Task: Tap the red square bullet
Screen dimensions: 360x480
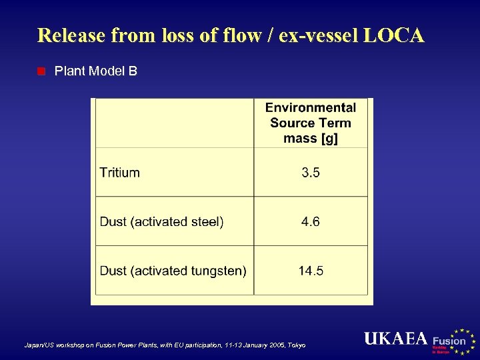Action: coord(41,71)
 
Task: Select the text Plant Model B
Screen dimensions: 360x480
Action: coord(96,71)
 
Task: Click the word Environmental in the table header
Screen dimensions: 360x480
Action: coord(311,108)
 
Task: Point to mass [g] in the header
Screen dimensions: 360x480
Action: coord(311,138)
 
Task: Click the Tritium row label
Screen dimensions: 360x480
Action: coord(120,173)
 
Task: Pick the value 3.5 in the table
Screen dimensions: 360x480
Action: coord(311,173)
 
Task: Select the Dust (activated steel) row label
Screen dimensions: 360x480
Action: coord(162,222)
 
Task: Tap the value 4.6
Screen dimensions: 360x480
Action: coord(311,222)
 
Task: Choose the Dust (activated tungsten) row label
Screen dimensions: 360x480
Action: coord(173,271)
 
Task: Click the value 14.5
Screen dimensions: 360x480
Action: coord(311,271)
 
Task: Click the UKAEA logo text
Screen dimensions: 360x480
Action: coord(395,339)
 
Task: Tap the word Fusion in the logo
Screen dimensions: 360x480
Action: coord(449,341)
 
